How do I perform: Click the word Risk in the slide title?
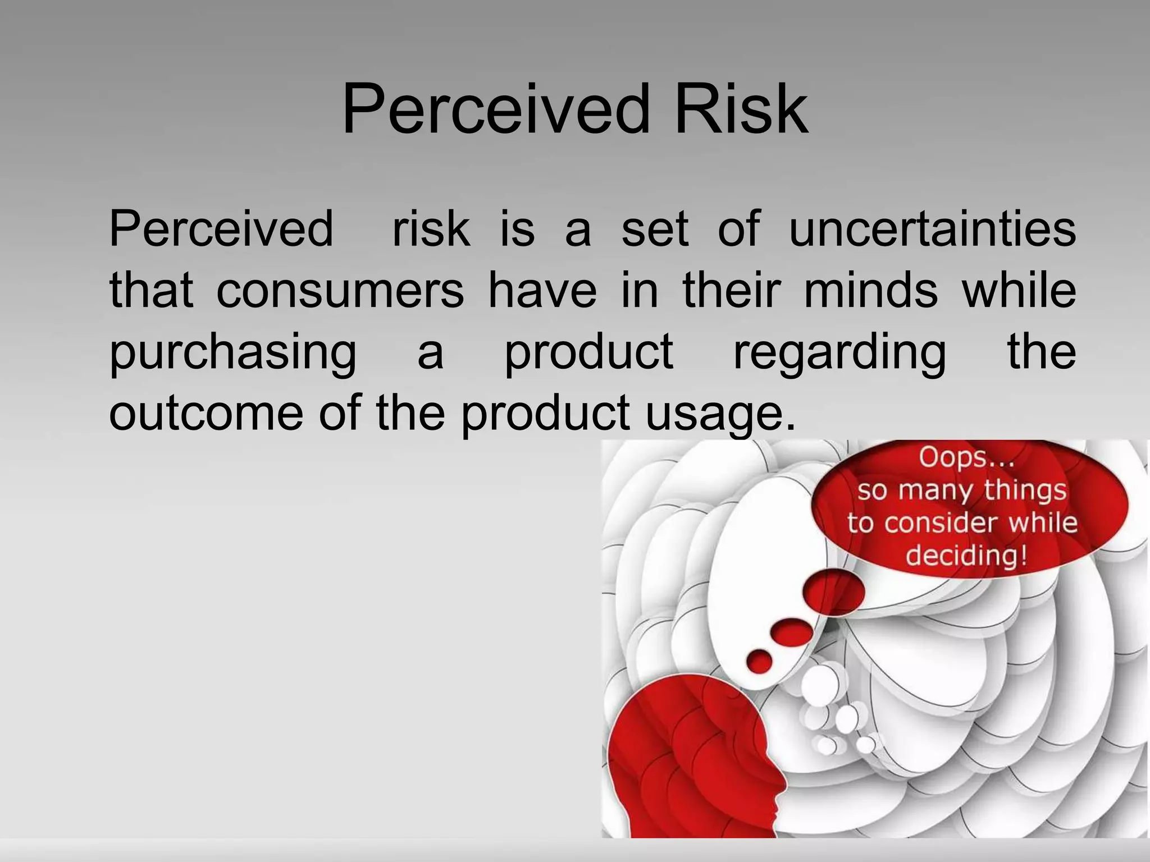[741, 109]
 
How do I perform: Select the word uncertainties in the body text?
[932, 229]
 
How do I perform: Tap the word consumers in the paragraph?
[340, 291]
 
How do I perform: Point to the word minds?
[871, 291]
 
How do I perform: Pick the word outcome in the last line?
[206, 412]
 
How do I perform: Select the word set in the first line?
[655, 229]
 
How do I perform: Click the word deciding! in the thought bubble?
[966, 556]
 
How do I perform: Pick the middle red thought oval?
[791, 633]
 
